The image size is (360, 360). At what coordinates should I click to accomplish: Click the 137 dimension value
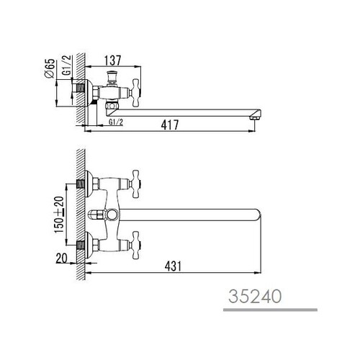click(113, 60)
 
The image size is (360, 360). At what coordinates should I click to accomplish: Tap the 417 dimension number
click(170, 125)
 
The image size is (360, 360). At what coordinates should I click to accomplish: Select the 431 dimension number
click(173, 266)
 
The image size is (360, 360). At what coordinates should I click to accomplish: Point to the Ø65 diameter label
click(50, 68)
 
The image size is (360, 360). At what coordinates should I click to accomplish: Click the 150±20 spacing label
click(59, 215)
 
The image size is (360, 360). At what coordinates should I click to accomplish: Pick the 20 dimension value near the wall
click(61, 258)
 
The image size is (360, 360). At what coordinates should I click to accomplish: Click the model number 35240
click(255, 296)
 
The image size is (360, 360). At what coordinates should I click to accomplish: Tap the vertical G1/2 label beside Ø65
click(67, 66)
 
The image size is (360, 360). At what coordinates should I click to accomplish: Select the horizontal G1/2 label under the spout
click(116, 122)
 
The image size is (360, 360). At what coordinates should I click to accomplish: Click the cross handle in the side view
click(136, 93)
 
